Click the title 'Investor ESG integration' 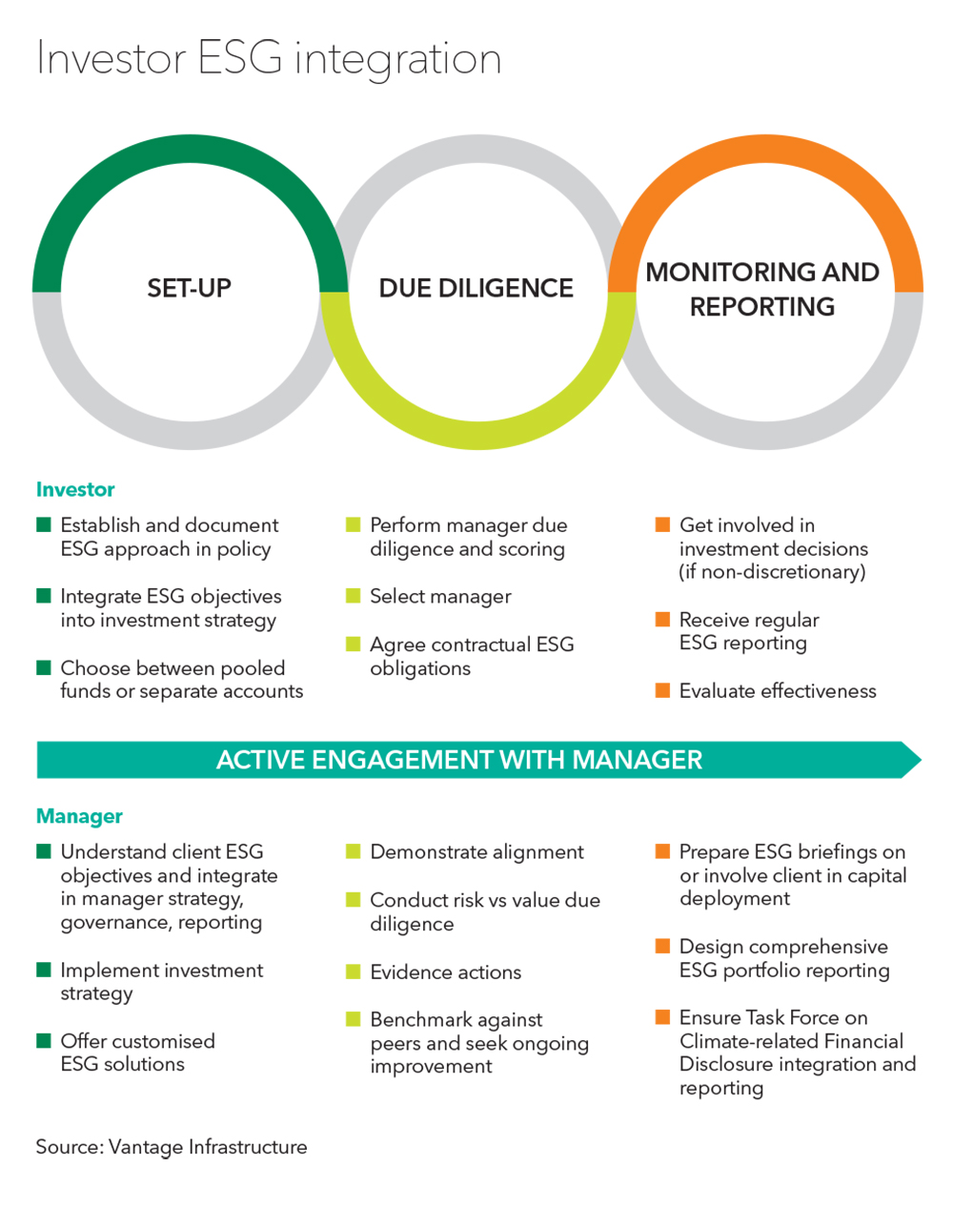[269, 59]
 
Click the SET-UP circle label [189, 288]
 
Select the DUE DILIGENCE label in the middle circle [476, 288]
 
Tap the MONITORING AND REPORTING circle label [762, 289]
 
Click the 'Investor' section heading [75, 490]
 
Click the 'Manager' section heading [79, 816]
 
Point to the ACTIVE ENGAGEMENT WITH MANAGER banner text [459, 760]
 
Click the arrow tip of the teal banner [914, 760]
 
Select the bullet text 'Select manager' [440, 597]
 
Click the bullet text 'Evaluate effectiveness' [778, 691]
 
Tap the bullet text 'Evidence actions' [445, 972]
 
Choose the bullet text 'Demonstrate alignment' [476, 852]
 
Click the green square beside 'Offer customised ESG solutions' [44, 1041]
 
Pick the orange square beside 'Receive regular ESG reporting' [662, 620]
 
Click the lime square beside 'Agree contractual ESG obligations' [354, 644]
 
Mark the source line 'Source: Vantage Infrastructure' [172, 1147]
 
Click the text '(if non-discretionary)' [772, 572]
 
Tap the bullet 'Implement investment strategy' [161, 982]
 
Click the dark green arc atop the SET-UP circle [190, 150]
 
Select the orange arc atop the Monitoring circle [765, 150]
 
